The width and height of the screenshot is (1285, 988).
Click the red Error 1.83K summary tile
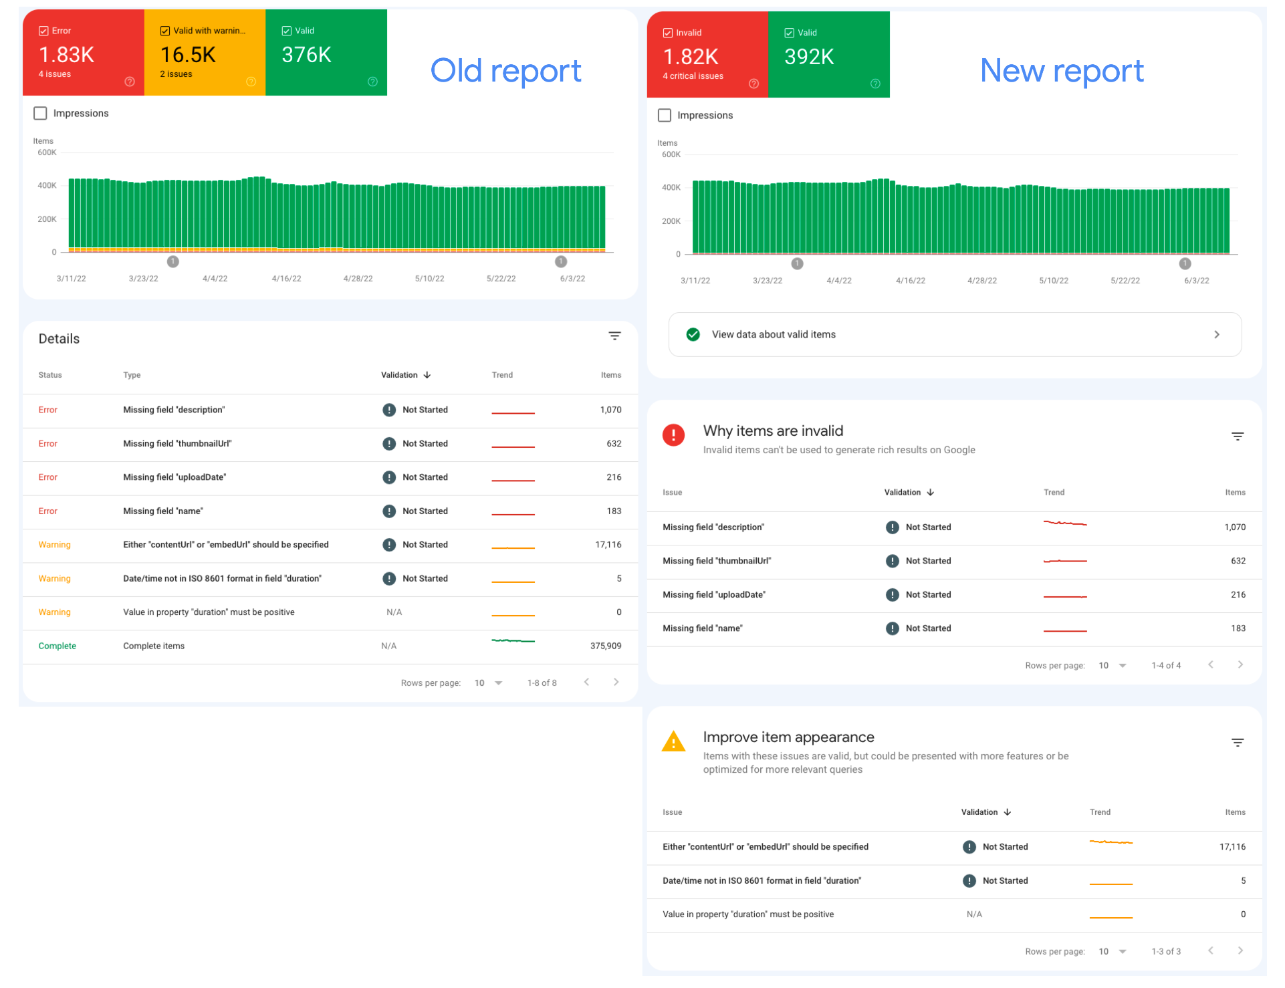pos(83,53)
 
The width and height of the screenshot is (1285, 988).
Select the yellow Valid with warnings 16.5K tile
pos(204,53)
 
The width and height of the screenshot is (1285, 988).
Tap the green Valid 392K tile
pos(828,55)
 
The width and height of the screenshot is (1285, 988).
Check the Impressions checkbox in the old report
pos(41,114)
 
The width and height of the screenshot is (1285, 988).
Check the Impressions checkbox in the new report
pos(665,116)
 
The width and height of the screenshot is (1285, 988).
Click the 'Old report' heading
pos(505,71)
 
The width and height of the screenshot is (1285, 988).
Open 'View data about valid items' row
pos(954,335)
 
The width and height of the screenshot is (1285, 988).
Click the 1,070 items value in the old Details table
pos(610,410)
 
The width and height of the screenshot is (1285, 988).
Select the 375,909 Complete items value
pos(605,646)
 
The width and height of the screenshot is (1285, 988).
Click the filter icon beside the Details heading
pos(614,336)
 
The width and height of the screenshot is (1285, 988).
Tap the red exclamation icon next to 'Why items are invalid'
pos(673,436)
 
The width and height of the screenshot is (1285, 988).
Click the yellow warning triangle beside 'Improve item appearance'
pos(673,742)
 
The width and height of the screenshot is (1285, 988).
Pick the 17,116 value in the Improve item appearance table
pos(1232,848)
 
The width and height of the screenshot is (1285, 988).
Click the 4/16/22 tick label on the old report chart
pos(286,279)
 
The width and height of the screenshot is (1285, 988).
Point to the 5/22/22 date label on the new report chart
pos(1125,281)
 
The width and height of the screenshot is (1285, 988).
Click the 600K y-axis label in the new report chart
pos(671,155)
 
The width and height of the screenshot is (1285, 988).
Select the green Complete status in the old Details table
pos(57,646)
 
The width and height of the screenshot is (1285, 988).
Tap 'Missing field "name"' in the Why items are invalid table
pos(702,629)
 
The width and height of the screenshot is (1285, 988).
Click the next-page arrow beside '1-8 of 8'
pos(616,683)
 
